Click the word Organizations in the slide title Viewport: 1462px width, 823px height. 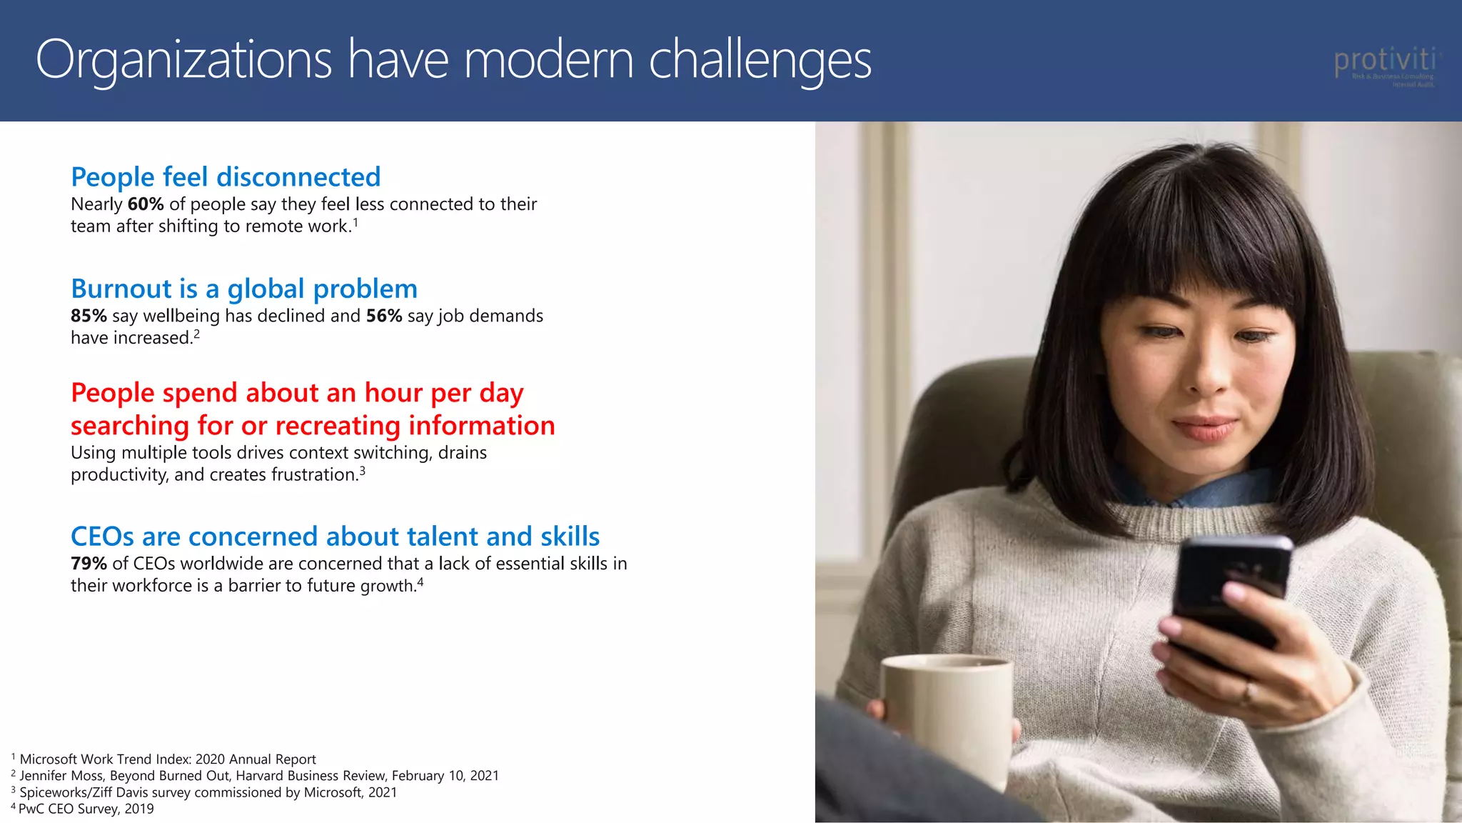183,60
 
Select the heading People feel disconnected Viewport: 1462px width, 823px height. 226,176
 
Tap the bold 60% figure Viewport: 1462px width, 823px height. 146,204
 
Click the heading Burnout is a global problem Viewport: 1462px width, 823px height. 244,289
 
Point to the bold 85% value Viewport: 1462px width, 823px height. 89,316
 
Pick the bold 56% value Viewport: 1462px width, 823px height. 384,316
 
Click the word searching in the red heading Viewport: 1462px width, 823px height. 129,426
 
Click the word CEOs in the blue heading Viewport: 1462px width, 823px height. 102,537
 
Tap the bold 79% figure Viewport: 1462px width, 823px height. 89,564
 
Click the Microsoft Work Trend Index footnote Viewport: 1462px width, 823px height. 167,759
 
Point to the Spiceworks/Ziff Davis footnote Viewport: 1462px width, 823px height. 207,792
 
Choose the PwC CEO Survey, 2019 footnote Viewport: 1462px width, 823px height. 86,809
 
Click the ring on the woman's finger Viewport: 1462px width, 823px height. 1248,692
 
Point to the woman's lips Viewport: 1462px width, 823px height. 1206,428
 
